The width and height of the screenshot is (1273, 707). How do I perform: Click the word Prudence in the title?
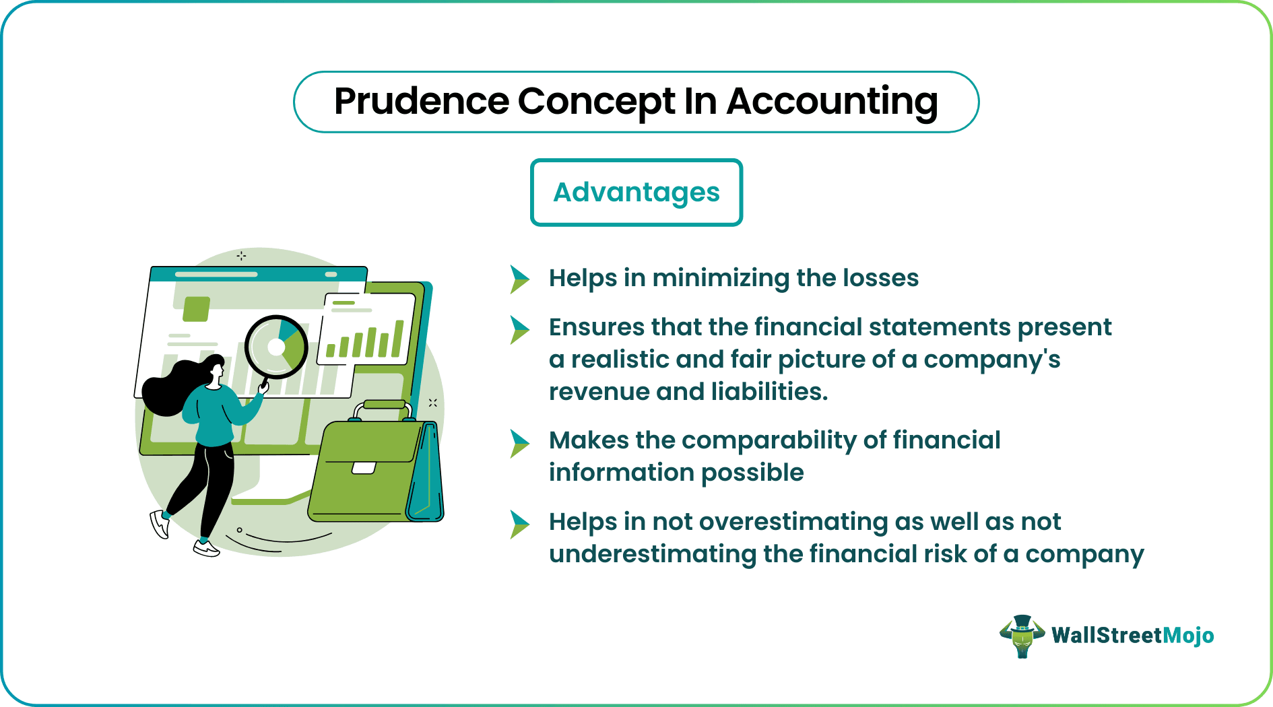[x=422, y=102]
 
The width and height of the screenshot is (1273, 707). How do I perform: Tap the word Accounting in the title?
[x=832, y=102]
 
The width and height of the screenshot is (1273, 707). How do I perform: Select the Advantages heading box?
[x=636, y=193]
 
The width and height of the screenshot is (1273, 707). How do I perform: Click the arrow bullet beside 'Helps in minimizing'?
[x=519, y=279]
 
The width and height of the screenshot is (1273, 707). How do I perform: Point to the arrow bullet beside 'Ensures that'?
[x=519, y=329]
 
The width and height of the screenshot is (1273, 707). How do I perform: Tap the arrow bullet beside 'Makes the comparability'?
[x=519, y=443]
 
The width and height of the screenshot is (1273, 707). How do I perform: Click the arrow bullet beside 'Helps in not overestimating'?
[x=519, y=525]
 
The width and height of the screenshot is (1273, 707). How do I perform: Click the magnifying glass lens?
[x=276, y=347]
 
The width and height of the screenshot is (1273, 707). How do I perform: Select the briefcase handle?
[x=383, y=406]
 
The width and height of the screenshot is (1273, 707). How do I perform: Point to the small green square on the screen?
[x=196, y=308]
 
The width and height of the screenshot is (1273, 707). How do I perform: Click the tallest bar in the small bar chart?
[x=399, y=338]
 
